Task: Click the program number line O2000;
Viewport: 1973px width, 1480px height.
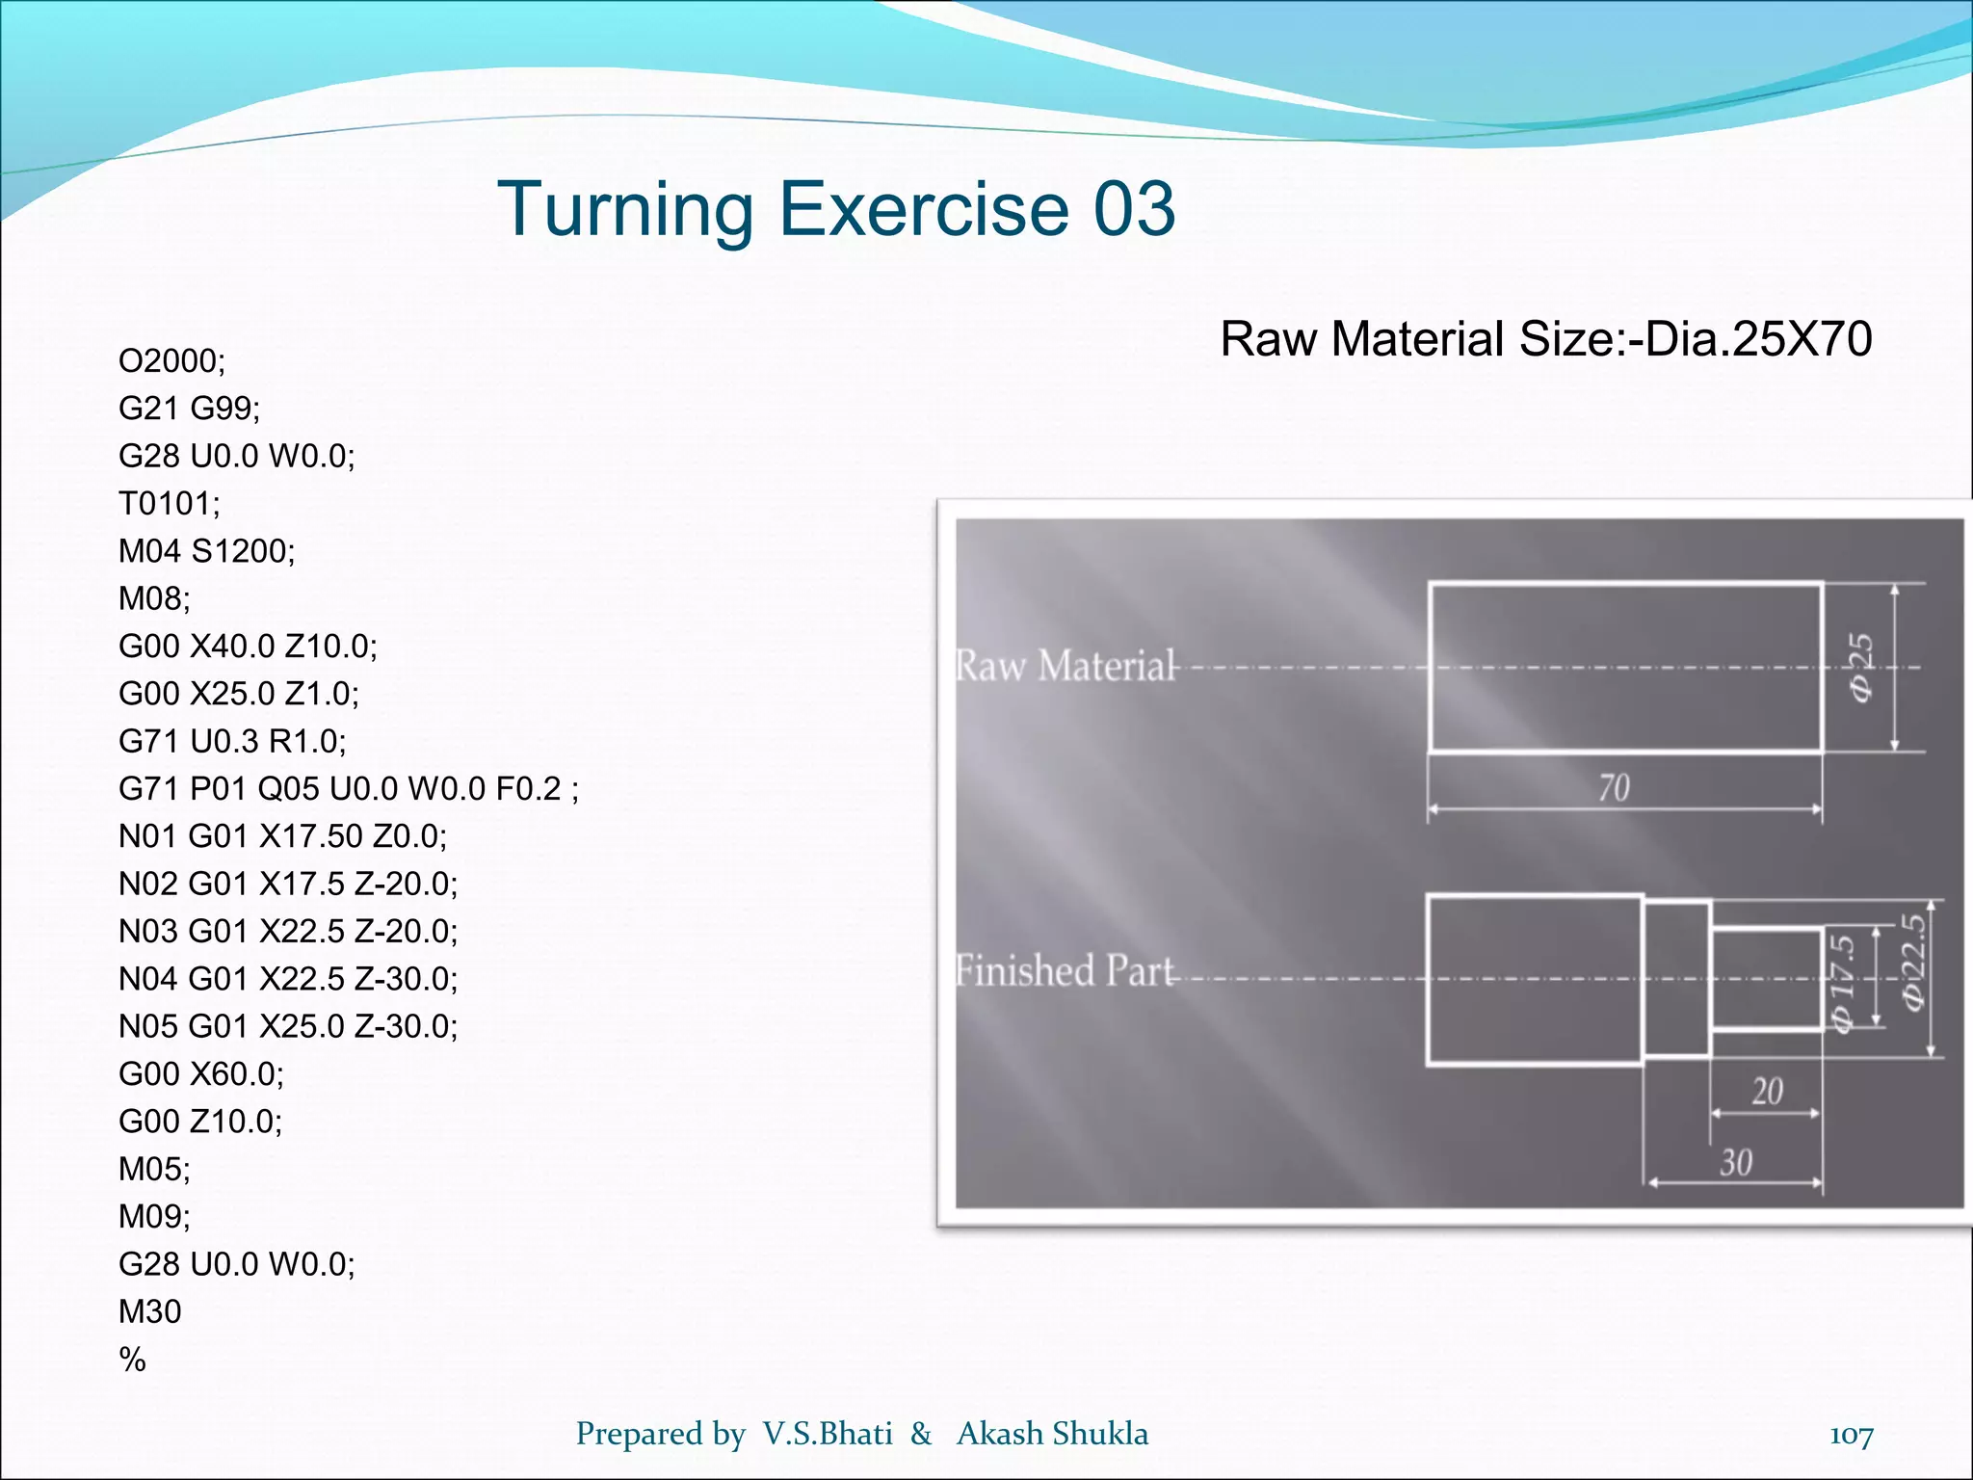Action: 171,361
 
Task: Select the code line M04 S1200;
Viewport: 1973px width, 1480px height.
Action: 206,551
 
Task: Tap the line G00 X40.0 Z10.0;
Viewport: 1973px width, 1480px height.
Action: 248,646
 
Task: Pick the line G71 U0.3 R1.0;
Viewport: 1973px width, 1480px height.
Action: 232,741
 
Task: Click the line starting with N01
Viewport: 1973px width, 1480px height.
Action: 282,836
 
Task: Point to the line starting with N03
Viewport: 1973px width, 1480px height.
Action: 288,931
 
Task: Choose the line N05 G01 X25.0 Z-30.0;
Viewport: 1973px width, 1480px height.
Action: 288,1026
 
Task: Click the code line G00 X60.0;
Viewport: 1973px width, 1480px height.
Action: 201,1073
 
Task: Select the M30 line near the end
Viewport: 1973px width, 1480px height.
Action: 149,1311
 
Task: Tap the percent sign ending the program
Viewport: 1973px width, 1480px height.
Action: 132,1360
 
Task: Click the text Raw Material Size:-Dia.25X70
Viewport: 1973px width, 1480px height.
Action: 1545,339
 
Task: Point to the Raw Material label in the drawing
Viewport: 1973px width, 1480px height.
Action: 1065,666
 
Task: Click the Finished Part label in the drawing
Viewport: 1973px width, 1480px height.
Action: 1065,970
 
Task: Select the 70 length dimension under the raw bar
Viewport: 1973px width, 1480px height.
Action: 1614,788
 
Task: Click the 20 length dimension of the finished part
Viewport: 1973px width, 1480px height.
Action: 1767,1092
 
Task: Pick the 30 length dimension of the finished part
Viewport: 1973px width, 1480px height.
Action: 1736,1163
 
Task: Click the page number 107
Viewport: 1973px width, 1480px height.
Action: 1851,1436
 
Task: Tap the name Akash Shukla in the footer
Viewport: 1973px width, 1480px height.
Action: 1052,1434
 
